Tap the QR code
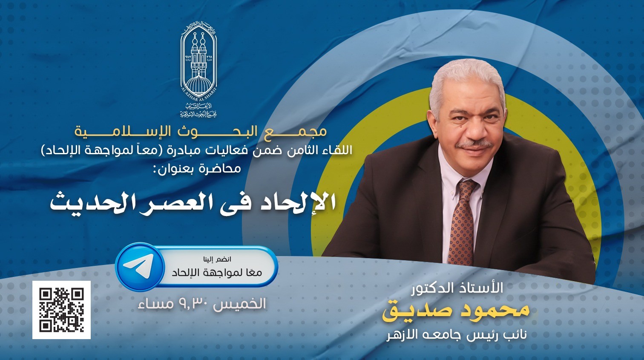click(61, 310)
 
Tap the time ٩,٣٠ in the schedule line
click(195, 303)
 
